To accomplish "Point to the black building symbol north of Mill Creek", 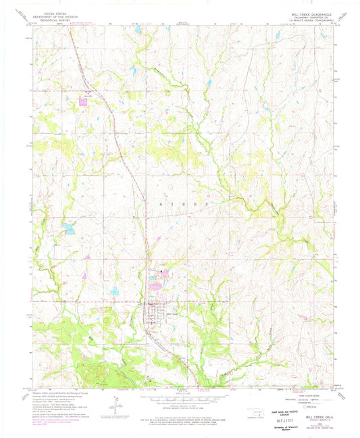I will [161, 272].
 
